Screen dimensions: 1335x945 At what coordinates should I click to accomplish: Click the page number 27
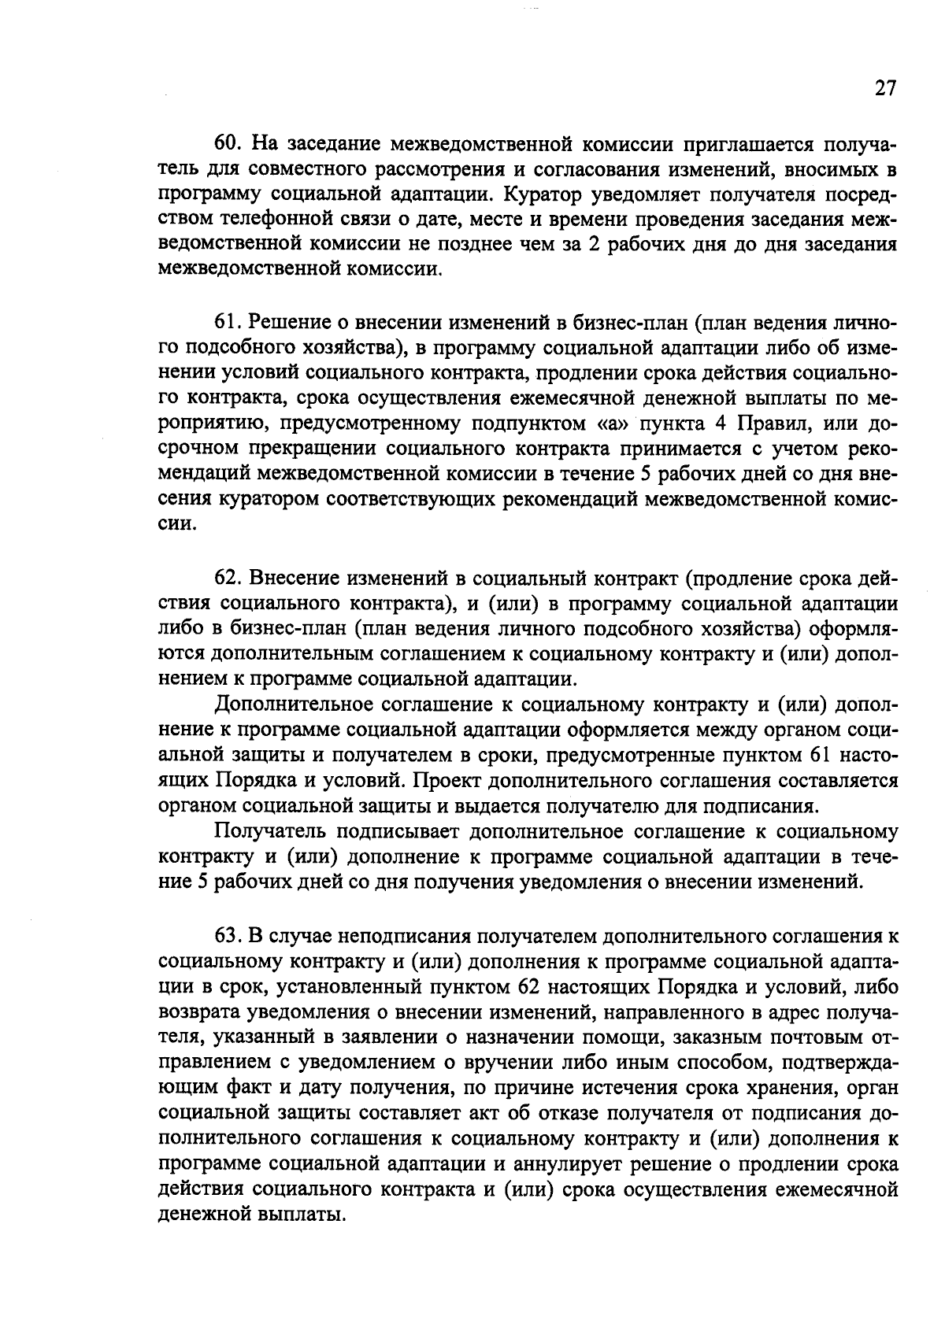(x=884, y=88)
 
